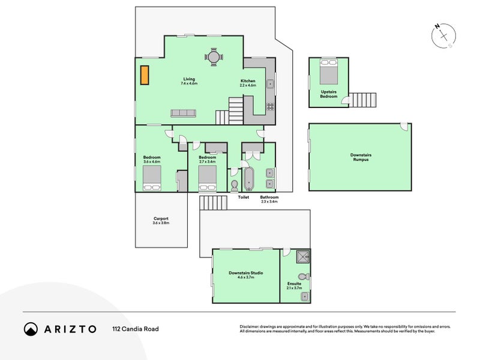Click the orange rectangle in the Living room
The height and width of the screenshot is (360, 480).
click(x=145, y=75)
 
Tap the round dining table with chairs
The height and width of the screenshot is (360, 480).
click(x=214, y=56)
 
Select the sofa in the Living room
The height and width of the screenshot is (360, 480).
click(x=183, y=113)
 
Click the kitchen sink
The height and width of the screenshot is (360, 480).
click(x=270, y=84)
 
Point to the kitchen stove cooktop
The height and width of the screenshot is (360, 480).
click(x=270, y=107)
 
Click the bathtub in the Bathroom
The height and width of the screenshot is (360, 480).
click(x=248, y=179)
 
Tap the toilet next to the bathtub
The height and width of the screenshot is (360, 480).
click(x=235, y=186)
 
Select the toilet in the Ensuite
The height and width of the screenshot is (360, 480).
click(x=304, y=277)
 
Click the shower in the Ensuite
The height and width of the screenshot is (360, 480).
click(x=304, y=257)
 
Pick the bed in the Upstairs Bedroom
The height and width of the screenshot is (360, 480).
click(x=329, y=71)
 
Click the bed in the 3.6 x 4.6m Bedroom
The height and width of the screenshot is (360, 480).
click(x=152, y=178)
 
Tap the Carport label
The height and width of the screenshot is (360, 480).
click(x=161, y=218)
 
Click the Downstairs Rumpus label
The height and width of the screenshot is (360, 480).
click(x=361, y=157)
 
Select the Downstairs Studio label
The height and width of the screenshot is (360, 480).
click(x=246, y=273)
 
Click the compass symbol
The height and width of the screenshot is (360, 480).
click(x=443, y=36)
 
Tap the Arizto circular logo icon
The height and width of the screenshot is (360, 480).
click(x=31, y=329)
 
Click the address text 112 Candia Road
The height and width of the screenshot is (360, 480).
click(x=136, y=329)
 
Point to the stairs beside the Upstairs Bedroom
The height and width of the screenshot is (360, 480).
click(x=363, y=100)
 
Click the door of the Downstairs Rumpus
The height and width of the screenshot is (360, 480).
click(x=404, y=127)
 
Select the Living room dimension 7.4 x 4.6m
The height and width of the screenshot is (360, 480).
click(x=189, y=83)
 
